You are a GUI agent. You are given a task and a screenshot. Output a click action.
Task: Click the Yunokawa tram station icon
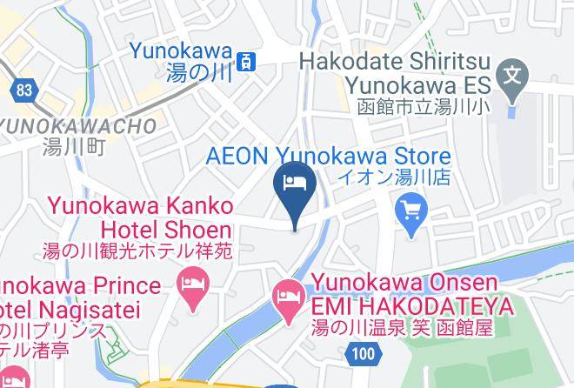point(248,61)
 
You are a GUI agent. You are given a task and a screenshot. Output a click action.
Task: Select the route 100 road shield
point(364,352)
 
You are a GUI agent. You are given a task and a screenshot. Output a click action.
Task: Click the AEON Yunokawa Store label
point(329,157)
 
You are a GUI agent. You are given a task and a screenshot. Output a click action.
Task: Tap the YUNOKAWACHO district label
point(78,125)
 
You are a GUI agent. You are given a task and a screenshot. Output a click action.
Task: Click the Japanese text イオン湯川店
point(394,177)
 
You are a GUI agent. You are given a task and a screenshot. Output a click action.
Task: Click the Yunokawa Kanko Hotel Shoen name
point(140,218)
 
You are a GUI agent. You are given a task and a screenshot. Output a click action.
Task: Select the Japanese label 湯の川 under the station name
point(197,73)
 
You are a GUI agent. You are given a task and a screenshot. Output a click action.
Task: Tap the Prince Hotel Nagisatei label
point(78,298)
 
